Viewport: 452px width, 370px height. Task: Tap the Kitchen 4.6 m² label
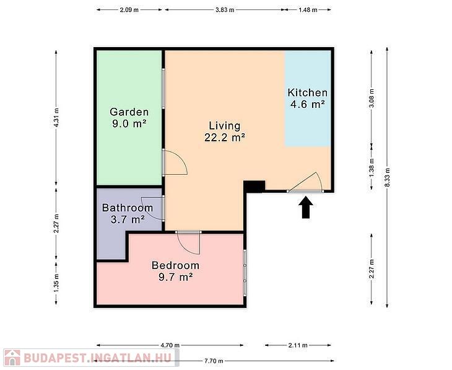tap(308, 99)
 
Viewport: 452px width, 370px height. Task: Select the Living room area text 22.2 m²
tap(225, 138)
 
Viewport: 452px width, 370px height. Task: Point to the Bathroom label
tap(128, 208)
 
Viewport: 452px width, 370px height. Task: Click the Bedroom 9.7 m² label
tap(176, 271)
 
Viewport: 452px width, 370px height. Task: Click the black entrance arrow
tap(305, 207)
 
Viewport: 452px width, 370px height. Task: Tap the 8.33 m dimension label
tap(388, 177)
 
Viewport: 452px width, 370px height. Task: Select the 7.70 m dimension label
tap(214, 361)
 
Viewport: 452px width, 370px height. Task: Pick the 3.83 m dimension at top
tap(225, 10)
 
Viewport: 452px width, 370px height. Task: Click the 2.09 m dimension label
tap(129, 10)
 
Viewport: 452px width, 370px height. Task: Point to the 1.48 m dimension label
tap(308, 10)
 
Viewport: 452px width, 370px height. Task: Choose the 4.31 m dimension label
tap(56, 118)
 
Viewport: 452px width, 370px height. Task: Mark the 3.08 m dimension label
tap(372, 98)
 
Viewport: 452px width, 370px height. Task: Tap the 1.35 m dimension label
tap(56, 283)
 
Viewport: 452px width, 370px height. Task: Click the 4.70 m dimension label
tap(170, 345)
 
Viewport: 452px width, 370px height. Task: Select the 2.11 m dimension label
tap(298, 345)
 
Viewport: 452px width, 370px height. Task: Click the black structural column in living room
tap(254, 187)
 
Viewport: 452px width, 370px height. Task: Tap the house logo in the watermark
tap(12, 358)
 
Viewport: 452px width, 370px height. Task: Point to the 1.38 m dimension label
tap(372, 168)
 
